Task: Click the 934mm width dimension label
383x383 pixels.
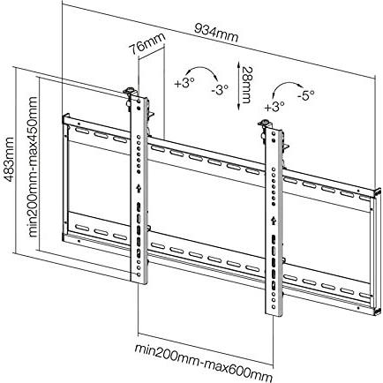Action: [217, 33]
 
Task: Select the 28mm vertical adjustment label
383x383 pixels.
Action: [245, 85]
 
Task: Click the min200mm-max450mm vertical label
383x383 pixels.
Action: [34, 167]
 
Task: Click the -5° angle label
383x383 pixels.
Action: [305, 95]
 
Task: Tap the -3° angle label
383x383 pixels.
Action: [220, 88]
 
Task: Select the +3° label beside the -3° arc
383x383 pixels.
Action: [184, 83]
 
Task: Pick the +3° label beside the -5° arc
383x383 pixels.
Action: [274, 106]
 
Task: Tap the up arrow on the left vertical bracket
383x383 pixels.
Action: [138, 188]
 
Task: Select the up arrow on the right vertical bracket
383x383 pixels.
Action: [274, 220]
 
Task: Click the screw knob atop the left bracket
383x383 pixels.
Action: [130, 91]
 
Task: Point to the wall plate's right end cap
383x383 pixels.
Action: [377, 252]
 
